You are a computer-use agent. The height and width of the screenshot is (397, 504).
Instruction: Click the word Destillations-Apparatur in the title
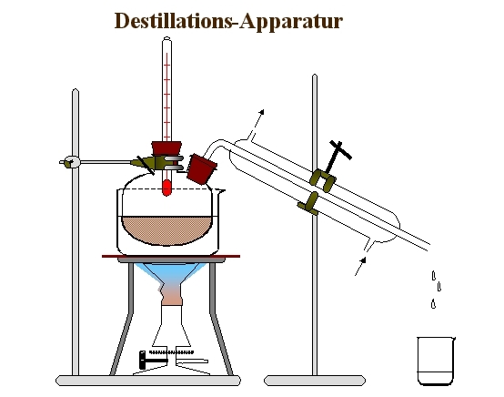228,21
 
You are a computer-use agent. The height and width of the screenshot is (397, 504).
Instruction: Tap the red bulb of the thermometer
166,188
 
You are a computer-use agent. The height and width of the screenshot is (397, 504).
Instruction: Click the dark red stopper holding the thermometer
166,148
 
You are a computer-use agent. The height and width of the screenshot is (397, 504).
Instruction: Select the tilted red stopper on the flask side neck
202,168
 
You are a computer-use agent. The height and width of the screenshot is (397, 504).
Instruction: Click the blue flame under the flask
170,273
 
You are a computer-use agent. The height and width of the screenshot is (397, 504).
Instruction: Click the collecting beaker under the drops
436,361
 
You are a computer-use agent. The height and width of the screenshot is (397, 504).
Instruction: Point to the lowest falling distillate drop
433,304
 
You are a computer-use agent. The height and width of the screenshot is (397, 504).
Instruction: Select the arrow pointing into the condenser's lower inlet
360,266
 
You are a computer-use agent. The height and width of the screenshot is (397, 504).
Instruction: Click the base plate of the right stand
315,381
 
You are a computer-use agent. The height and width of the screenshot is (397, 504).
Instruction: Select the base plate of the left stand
148,381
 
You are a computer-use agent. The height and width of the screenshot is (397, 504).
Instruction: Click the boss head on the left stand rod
71,162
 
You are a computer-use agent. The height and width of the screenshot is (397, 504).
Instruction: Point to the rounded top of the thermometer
166,38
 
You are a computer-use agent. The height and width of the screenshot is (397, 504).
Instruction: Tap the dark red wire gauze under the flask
171,257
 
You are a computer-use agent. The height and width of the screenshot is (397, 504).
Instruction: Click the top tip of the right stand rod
315,75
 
